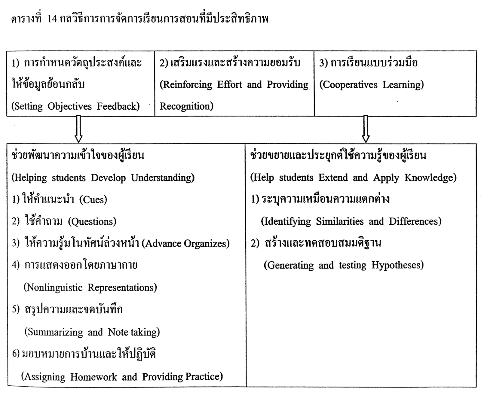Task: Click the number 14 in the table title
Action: tap(52, 19)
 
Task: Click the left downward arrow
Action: tap(78, 129)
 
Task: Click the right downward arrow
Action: tap(366, 129)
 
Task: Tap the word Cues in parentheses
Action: tap(93, 200)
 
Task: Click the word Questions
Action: tap(92, 222)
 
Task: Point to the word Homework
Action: tap(93, 377)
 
